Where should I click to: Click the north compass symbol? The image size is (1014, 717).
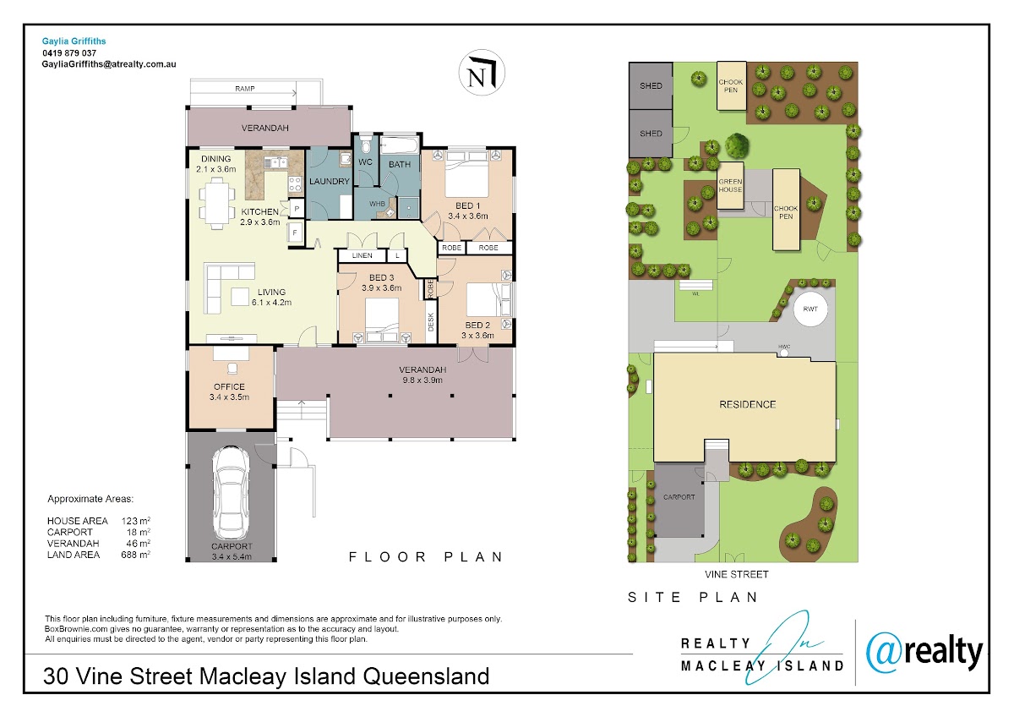coord(482,73)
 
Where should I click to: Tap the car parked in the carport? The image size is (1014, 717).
coord(231,493)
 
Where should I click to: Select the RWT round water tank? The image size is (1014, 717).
coord(810,309)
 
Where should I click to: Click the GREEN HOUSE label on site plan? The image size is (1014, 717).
coord(730,185)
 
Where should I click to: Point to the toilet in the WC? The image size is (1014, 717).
coord(365,145)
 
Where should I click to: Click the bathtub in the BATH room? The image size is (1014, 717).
coord(400,145)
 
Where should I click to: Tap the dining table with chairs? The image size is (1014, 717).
coord(217,203)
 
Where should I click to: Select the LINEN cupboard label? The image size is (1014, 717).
coord(363,255)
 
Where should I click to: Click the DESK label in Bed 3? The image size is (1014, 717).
coord(431,321)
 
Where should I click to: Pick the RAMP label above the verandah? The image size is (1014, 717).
coord(244,89)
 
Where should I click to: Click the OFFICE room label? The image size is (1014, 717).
coord(229,386)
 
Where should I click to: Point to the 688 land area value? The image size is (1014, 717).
coord(128,555)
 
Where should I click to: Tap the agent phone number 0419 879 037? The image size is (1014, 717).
coord(69,53)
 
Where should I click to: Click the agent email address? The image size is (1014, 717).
coord(109,64)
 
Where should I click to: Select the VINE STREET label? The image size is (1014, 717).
coord(737,574)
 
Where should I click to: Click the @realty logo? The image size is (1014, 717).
coord(924,653)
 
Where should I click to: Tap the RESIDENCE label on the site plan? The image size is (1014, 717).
coord(747,404)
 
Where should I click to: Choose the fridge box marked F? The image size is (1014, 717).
coord(295,233)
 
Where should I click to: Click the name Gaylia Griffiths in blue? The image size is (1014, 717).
coord(74,41)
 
